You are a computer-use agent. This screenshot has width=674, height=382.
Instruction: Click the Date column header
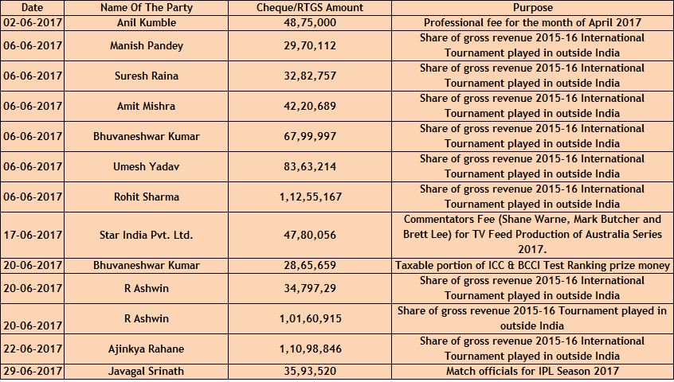coord(33,7)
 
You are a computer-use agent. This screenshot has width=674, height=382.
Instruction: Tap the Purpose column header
coord(532,7)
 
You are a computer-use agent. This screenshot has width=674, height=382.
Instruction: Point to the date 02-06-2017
coord(33,22)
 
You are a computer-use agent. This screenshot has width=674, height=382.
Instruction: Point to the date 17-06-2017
coord(33,235)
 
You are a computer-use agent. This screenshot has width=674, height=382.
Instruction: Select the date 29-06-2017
coord(33,372)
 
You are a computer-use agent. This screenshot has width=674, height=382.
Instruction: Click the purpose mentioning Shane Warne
coord(532,227)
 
